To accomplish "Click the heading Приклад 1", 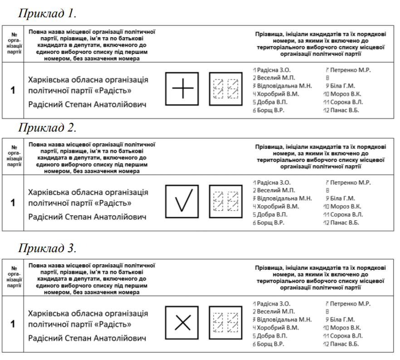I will click(x=47, y=14).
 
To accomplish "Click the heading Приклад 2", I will click(x=47, y=127).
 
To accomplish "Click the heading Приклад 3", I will click(x=47, y=248).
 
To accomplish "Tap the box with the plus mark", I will click(x=182, y=89).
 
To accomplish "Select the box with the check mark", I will click(x=182, y=201).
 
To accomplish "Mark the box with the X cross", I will click(x=182, y=322).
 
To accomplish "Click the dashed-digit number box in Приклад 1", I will click(x=225, y=89).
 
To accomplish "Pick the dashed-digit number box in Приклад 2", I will click(x=225, y=201).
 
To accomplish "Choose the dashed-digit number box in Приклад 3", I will click(x=225, y=322).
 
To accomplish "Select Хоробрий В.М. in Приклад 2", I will click(x=278, y=206).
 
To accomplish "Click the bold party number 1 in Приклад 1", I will click(x=13, y=90).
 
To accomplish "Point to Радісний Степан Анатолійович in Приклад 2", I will click(x=88, y=217).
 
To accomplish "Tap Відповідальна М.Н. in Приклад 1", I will click(x=284, y=86).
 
